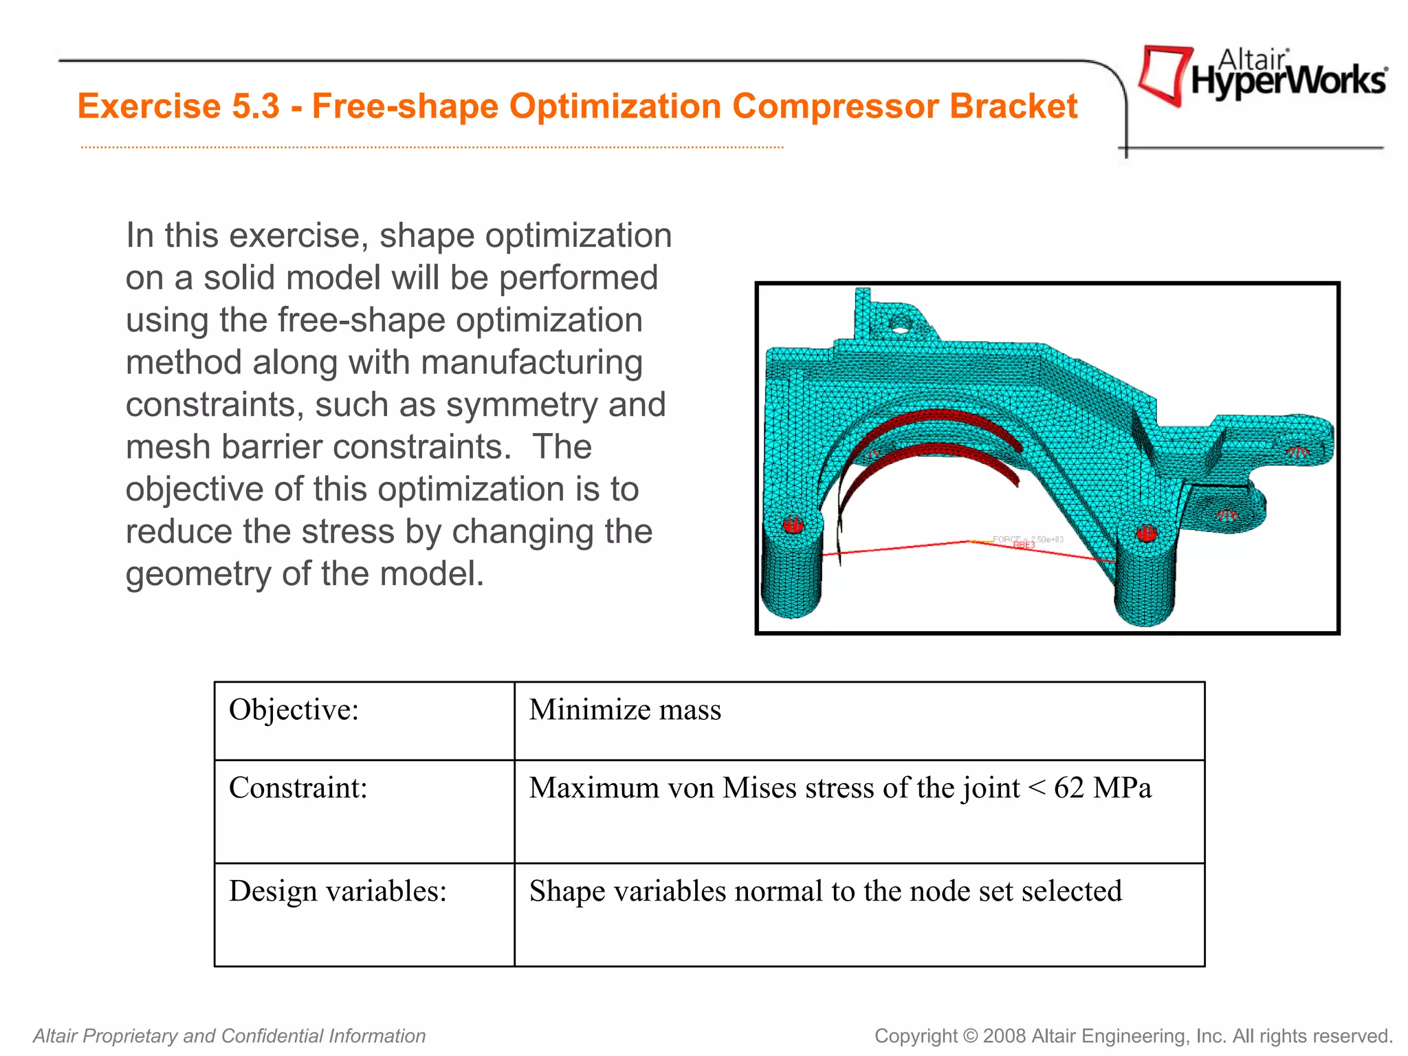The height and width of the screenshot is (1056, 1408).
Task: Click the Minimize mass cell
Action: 625,710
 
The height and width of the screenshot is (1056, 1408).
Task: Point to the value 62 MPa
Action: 1102,789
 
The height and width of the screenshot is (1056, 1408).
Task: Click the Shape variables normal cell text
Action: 825,892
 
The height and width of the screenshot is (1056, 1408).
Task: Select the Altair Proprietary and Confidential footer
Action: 230,1036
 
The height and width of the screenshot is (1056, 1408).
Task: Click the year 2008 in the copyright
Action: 1004,1036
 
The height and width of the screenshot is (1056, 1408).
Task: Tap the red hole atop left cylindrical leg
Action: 793,525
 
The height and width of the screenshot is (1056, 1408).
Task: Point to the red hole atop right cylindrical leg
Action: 1146,533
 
